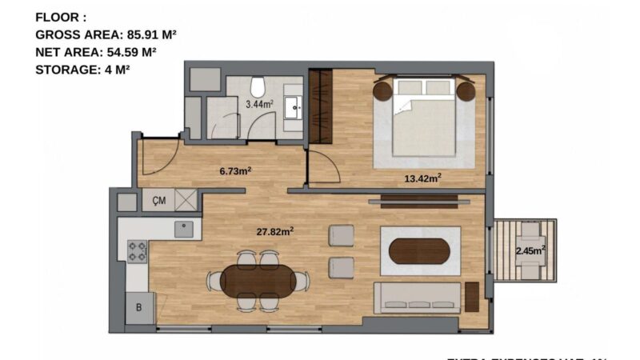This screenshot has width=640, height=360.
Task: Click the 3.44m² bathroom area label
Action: click(x=259, y=104)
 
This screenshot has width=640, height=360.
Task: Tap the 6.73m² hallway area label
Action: click(x=236, y=170)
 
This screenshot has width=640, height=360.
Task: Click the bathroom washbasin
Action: click(x=294, y=106)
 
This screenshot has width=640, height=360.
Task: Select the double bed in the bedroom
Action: click(x=425, y=116)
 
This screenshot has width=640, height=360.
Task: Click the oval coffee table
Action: click(x=419, y=251)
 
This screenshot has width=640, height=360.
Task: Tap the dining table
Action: click(x=258, y=281)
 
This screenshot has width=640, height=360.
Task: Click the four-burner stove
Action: click(x=137, y=251)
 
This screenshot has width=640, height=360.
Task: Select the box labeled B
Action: click(x=139, y=306)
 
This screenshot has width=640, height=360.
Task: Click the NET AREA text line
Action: click(x=95, y=52)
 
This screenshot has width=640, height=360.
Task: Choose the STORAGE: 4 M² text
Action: click(x=82, y=69)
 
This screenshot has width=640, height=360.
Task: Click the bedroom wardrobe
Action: click(x=321, y=107)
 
